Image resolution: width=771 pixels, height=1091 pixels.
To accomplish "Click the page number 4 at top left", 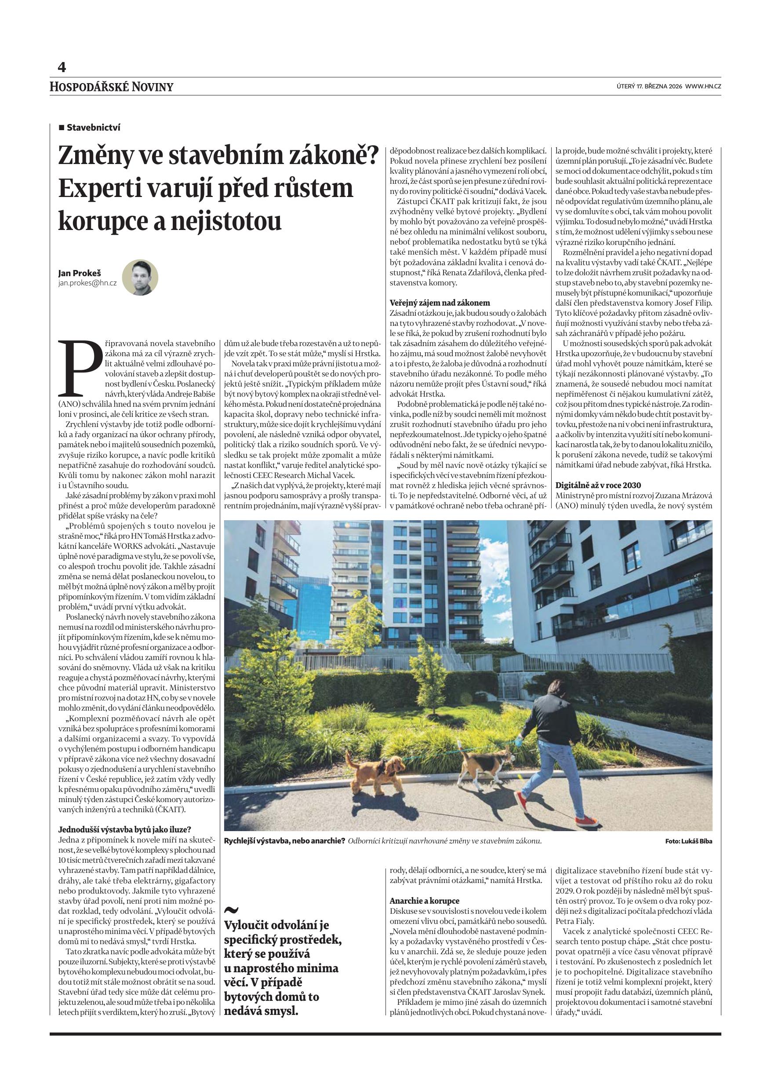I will coord(62,67).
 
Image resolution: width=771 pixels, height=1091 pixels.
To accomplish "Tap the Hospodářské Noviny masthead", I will coord(112,87).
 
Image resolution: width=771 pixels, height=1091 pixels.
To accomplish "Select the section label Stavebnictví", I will coord(93,128).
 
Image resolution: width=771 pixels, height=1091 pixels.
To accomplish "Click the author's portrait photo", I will coord(140,277).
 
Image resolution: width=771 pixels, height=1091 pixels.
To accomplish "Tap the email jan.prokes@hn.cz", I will coord(87,283).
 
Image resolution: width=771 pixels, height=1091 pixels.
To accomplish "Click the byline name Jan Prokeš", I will coord(79,273).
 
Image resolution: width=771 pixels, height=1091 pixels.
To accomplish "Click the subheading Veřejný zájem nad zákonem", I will coord(440,303).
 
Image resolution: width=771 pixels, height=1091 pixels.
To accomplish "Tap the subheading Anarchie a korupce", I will coord(424,901).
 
